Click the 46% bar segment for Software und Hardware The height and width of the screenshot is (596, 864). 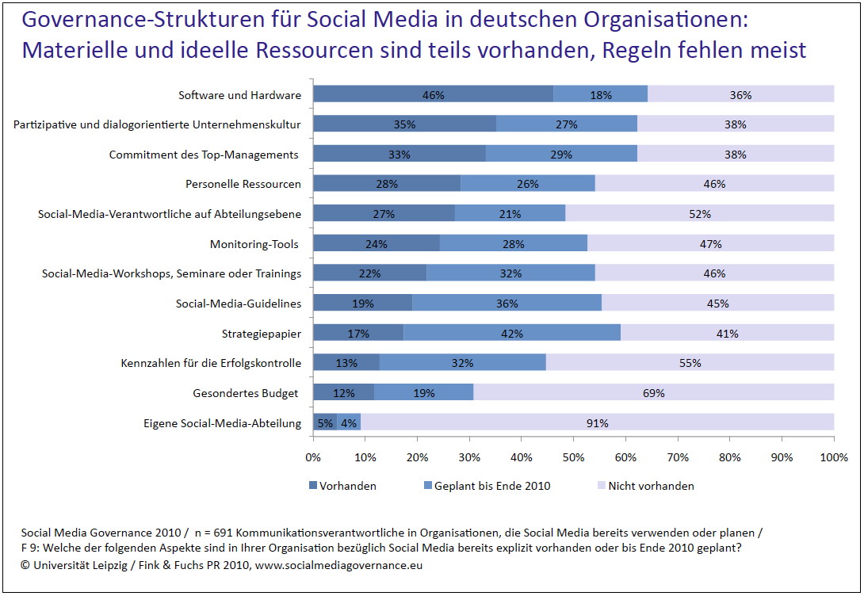pos(433,95)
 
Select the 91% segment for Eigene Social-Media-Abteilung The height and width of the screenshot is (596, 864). pos(597,423)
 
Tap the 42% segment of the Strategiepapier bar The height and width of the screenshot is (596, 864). pos(511,334)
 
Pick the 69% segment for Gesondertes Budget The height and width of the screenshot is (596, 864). pos(653,393)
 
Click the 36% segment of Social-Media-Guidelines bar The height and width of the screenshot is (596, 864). pos(506,304)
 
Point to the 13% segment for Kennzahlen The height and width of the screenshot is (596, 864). pos(346,364)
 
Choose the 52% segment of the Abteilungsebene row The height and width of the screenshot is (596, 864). pos(699,214)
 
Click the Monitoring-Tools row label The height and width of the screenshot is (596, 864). pos(254,244)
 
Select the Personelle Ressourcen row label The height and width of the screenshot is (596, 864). pos(243,184)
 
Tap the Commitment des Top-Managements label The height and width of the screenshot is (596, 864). pos(205,155)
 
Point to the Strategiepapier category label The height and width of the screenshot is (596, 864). pos(261,334)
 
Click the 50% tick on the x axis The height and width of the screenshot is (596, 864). pos(573,457)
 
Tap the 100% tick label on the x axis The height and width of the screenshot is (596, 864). pos(832,457)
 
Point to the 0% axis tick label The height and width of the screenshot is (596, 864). pos(313,457)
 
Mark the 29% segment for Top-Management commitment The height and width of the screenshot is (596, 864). pos(560,155)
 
